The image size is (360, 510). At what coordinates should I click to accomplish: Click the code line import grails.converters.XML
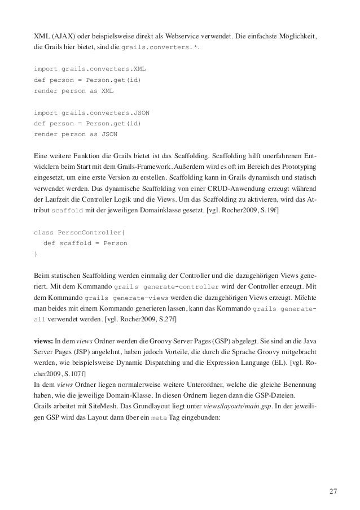(90, 69)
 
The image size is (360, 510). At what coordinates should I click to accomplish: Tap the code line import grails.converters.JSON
(92, 112)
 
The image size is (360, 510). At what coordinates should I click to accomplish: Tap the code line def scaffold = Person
(85, 243)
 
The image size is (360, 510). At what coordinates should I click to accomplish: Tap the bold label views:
(43, 341)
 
